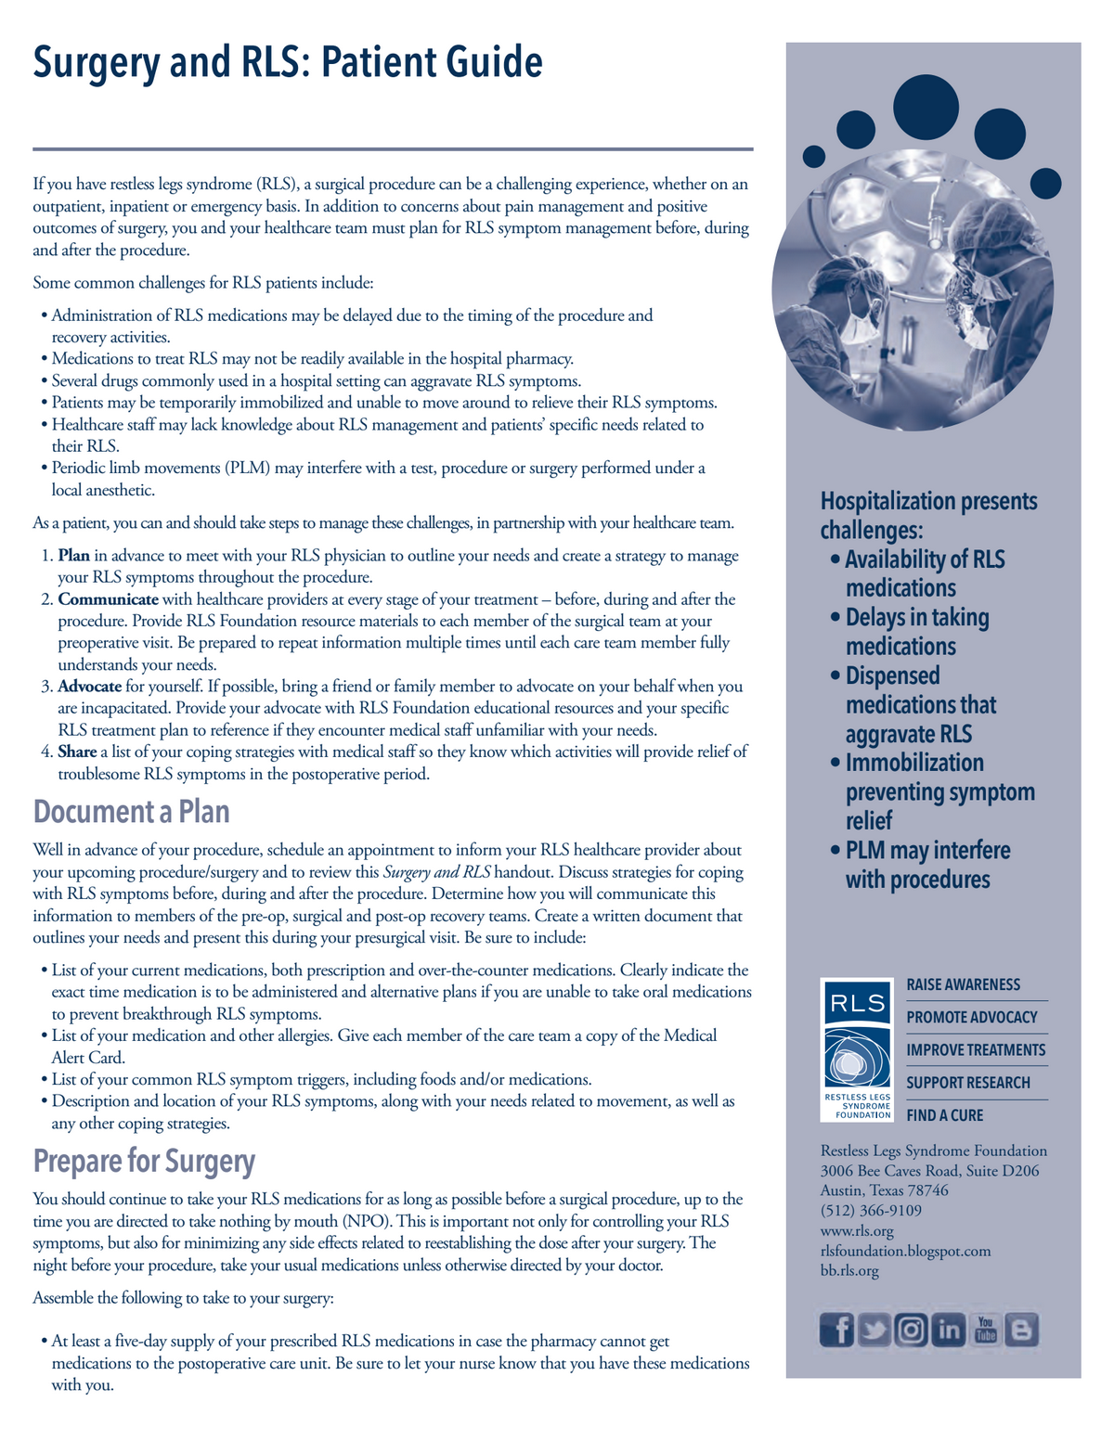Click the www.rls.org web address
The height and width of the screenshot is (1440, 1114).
tap(857, 1231)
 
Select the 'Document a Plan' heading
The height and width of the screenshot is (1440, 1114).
tap(131, 812)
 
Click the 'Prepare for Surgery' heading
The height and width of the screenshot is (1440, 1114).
tap(144, 1161)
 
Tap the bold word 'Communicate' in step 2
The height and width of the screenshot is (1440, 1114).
tap(108, 599)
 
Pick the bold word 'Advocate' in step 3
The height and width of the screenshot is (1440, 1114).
tap(89, 687)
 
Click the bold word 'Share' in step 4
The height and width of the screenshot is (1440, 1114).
tap(77, 752)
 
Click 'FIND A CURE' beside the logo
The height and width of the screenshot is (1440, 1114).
tap(945, 1115)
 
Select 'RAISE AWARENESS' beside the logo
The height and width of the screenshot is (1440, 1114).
tap(963, 984)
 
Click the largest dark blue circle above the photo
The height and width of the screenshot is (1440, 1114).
tap(926, 107)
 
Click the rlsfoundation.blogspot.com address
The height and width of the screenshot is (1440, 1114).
tap(905, 1251)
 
